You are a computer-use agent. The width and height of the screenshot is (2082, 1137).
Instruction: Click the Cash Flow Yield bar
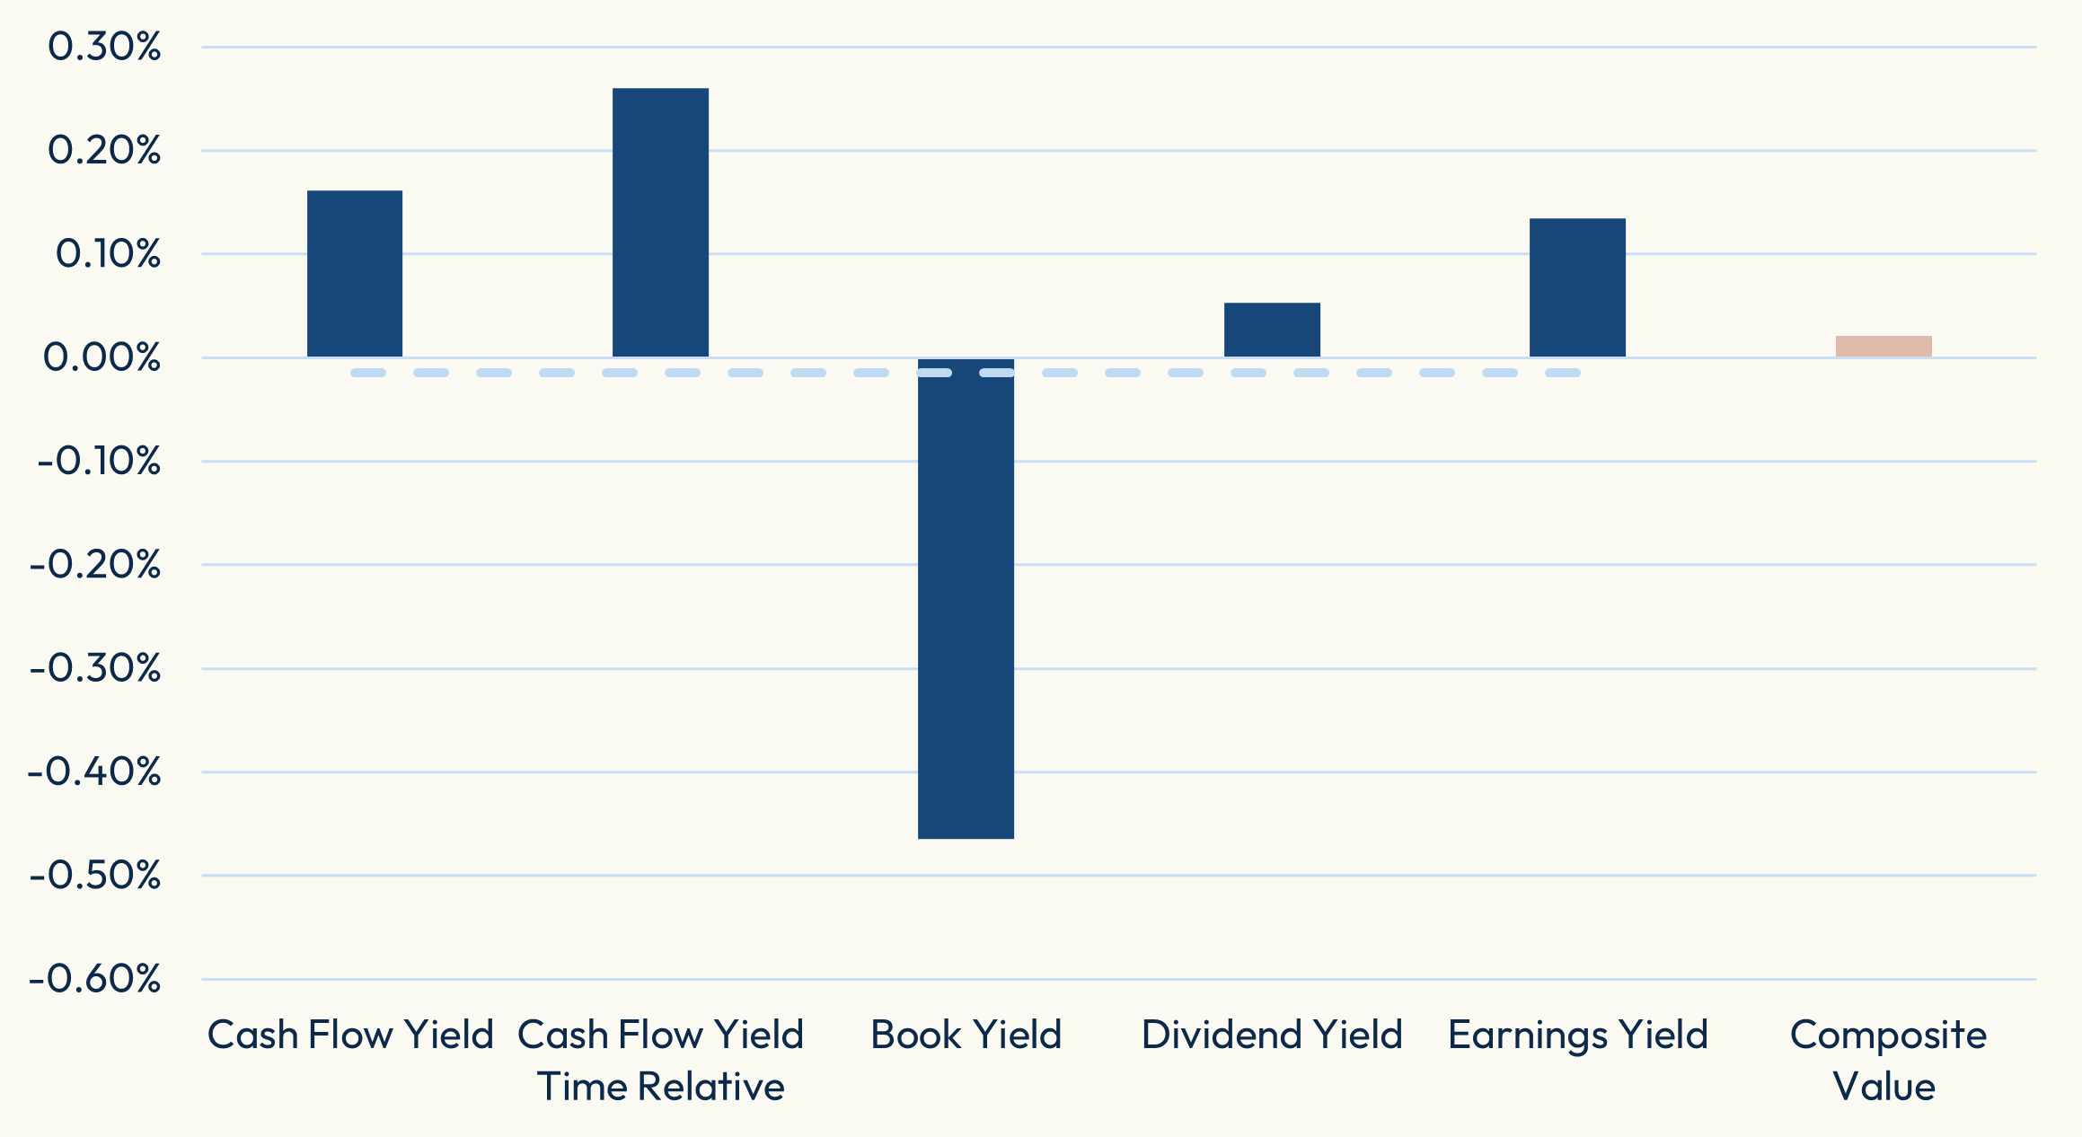click(x=355, y=274)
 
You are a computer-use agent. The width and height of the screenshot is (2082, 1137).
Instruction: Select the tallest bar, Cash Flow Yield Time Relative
click(x=660, y=223)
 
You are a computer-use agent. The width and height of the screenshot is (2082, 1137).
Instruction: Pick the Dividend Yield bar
click(x=1272, y=330)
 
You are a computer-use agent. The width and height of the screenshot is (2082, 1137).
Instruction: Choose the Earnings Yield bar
click(x=1577, y=287)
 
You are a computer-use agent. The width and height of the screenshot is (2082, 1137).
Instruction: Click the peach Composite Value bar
click(x=1884, y=347)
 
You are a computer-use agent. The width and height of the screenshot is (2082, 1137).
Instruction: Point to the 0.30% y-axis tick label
click(x=104, y=47)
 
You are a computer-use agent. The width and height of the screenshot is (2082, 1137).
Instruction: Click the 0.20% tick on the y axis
click(x=104, y=150)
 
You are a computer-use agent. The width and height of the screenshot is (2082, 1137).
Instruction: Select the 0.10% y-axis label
click(x=108, y=254)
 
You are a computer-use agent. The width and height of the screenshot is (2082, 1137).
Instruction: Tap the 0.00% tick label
click(x=102, y=357)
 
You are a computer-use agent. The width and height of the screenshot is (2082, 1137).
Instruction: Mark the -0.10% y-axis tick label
click(x=99, y=462)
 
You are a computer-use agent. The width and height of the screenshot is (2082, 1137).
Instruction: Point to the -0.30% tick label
click(x=95, y=668)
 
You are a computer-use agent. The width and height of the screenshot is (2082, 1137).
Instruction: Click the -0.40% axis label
click(x=94, y=771)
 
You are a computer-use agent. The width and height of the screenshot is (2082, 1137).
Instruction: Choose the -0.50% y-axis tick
click(x=95, y=875)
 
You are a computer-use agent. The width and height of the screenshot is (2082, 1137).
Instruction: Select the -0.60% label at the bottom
click(x=95, y=979)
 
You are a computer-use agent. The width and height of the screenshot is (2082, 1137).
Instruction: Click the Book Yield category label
click(x=966, y=1035)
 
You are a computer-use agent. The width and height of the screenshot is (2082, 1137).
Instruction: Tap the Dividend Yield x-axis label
click(x=1272, y=1035)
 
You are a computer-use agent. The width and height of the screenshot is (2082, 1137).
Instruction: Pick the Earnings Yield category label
click(x=1577, y=1035)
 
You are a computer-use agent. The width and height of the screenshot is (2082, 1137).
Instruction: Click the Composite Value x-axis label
click(x=1887, y=1060)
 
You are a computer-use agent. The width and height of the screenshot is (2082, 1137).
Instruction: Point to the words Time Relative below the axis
click(x=660, y=1087)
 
